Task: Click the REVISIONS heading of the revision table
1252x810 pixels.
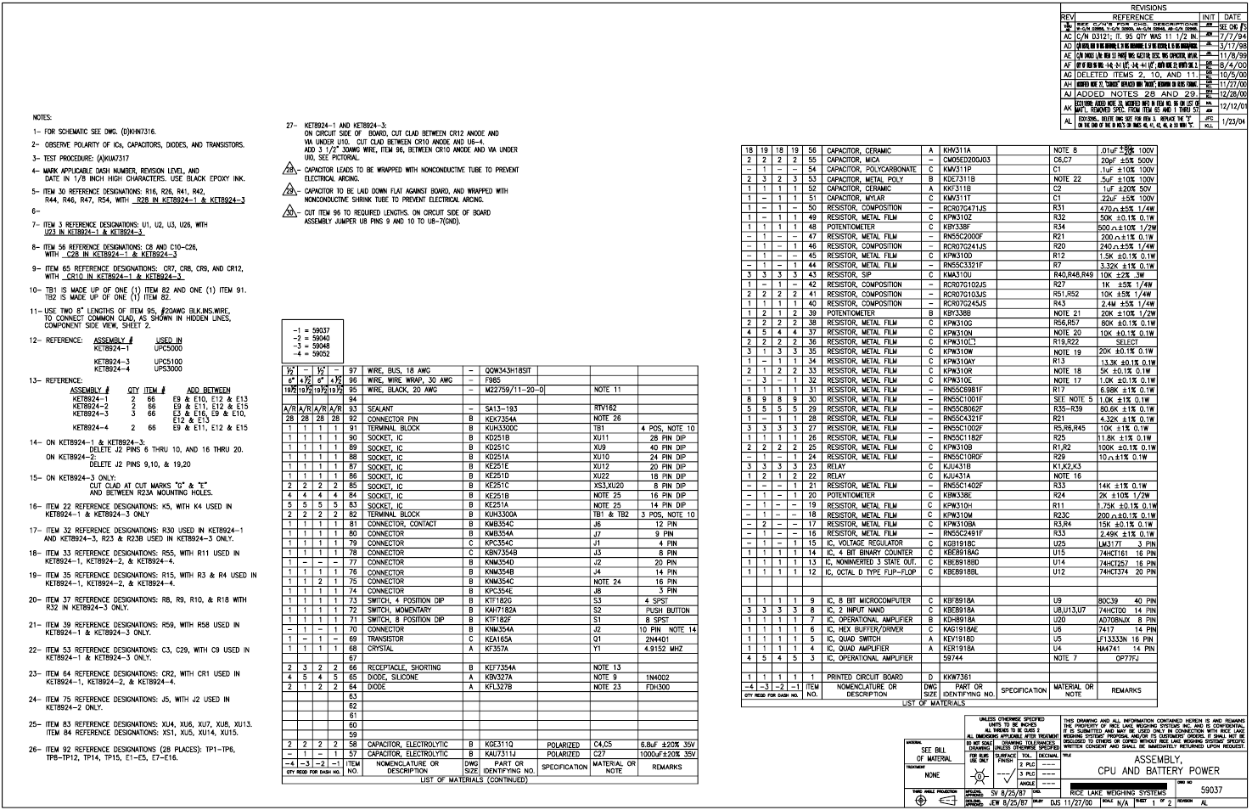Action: click(x=1148, y=8)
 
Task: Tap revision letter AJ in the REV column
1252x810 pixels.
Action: click(x=1068, y=74)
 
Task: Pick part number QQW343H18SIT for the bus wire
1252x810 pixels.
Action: click(x=508, y=371)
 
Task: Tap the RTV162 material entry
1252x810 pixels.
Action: click(x=605, y=408)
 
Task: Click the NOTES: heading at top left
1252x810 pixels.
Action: click(x=42, y=117)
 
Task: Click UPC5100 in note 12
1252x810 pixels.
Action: click(x=168, y=361)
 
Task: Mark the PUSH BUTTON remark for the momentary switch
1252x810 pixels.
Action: click(x=667, y=610)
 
